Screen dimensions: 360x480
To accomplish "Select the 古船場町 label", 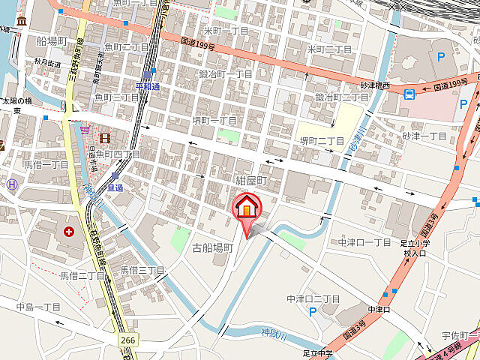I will point(213,247).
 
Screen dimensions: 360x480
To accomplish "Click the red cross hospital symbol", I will point(69,232).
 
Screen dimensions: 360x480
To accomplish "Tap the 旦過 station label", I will point(115,187).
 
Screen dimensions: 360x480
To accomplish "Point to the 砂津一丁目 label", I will point(424,136).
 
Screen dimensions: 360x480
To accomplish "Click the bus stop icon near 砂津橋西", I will point(409,94).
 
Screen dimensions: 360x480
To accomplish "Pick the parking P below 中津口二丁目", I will point(311,310).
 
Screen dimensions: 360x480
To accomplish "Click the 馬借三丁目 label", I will point(142,269).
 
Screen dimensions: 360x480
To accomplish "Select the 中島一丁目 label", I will point(38,307).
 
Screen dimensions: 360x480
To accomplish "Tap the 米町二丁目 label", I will point(330,49).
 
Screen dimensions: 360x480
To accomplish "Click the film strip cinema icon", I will point(104,138).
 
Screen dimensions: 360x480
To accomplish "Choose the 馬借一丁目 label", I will point(46,164).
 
